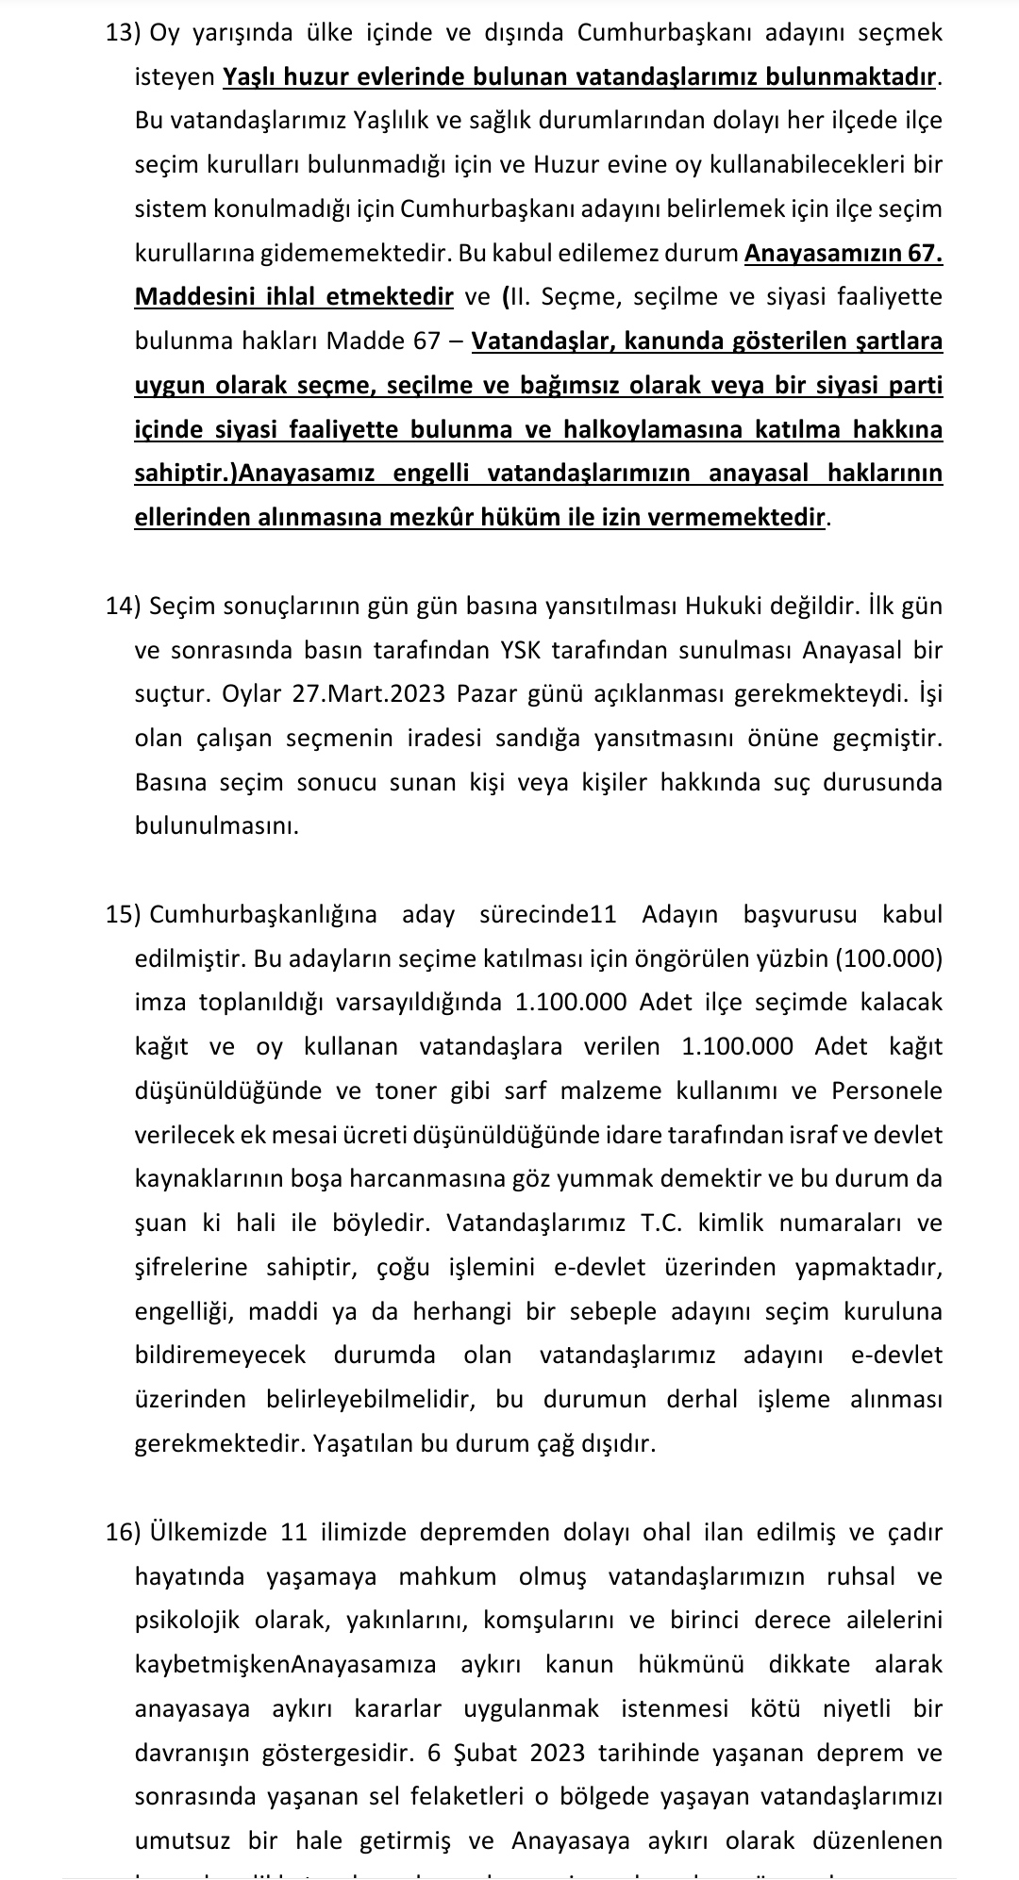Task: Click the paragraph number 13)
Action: (123, 33)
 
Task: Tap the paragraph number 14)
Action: (123, 606)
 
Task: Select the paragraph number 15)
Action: (123, 914)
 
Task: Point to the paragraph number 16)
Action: (123, 1532)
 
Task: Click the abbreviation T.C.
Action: (661, 1223)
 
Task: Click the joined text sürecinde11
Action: (548, 914)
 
